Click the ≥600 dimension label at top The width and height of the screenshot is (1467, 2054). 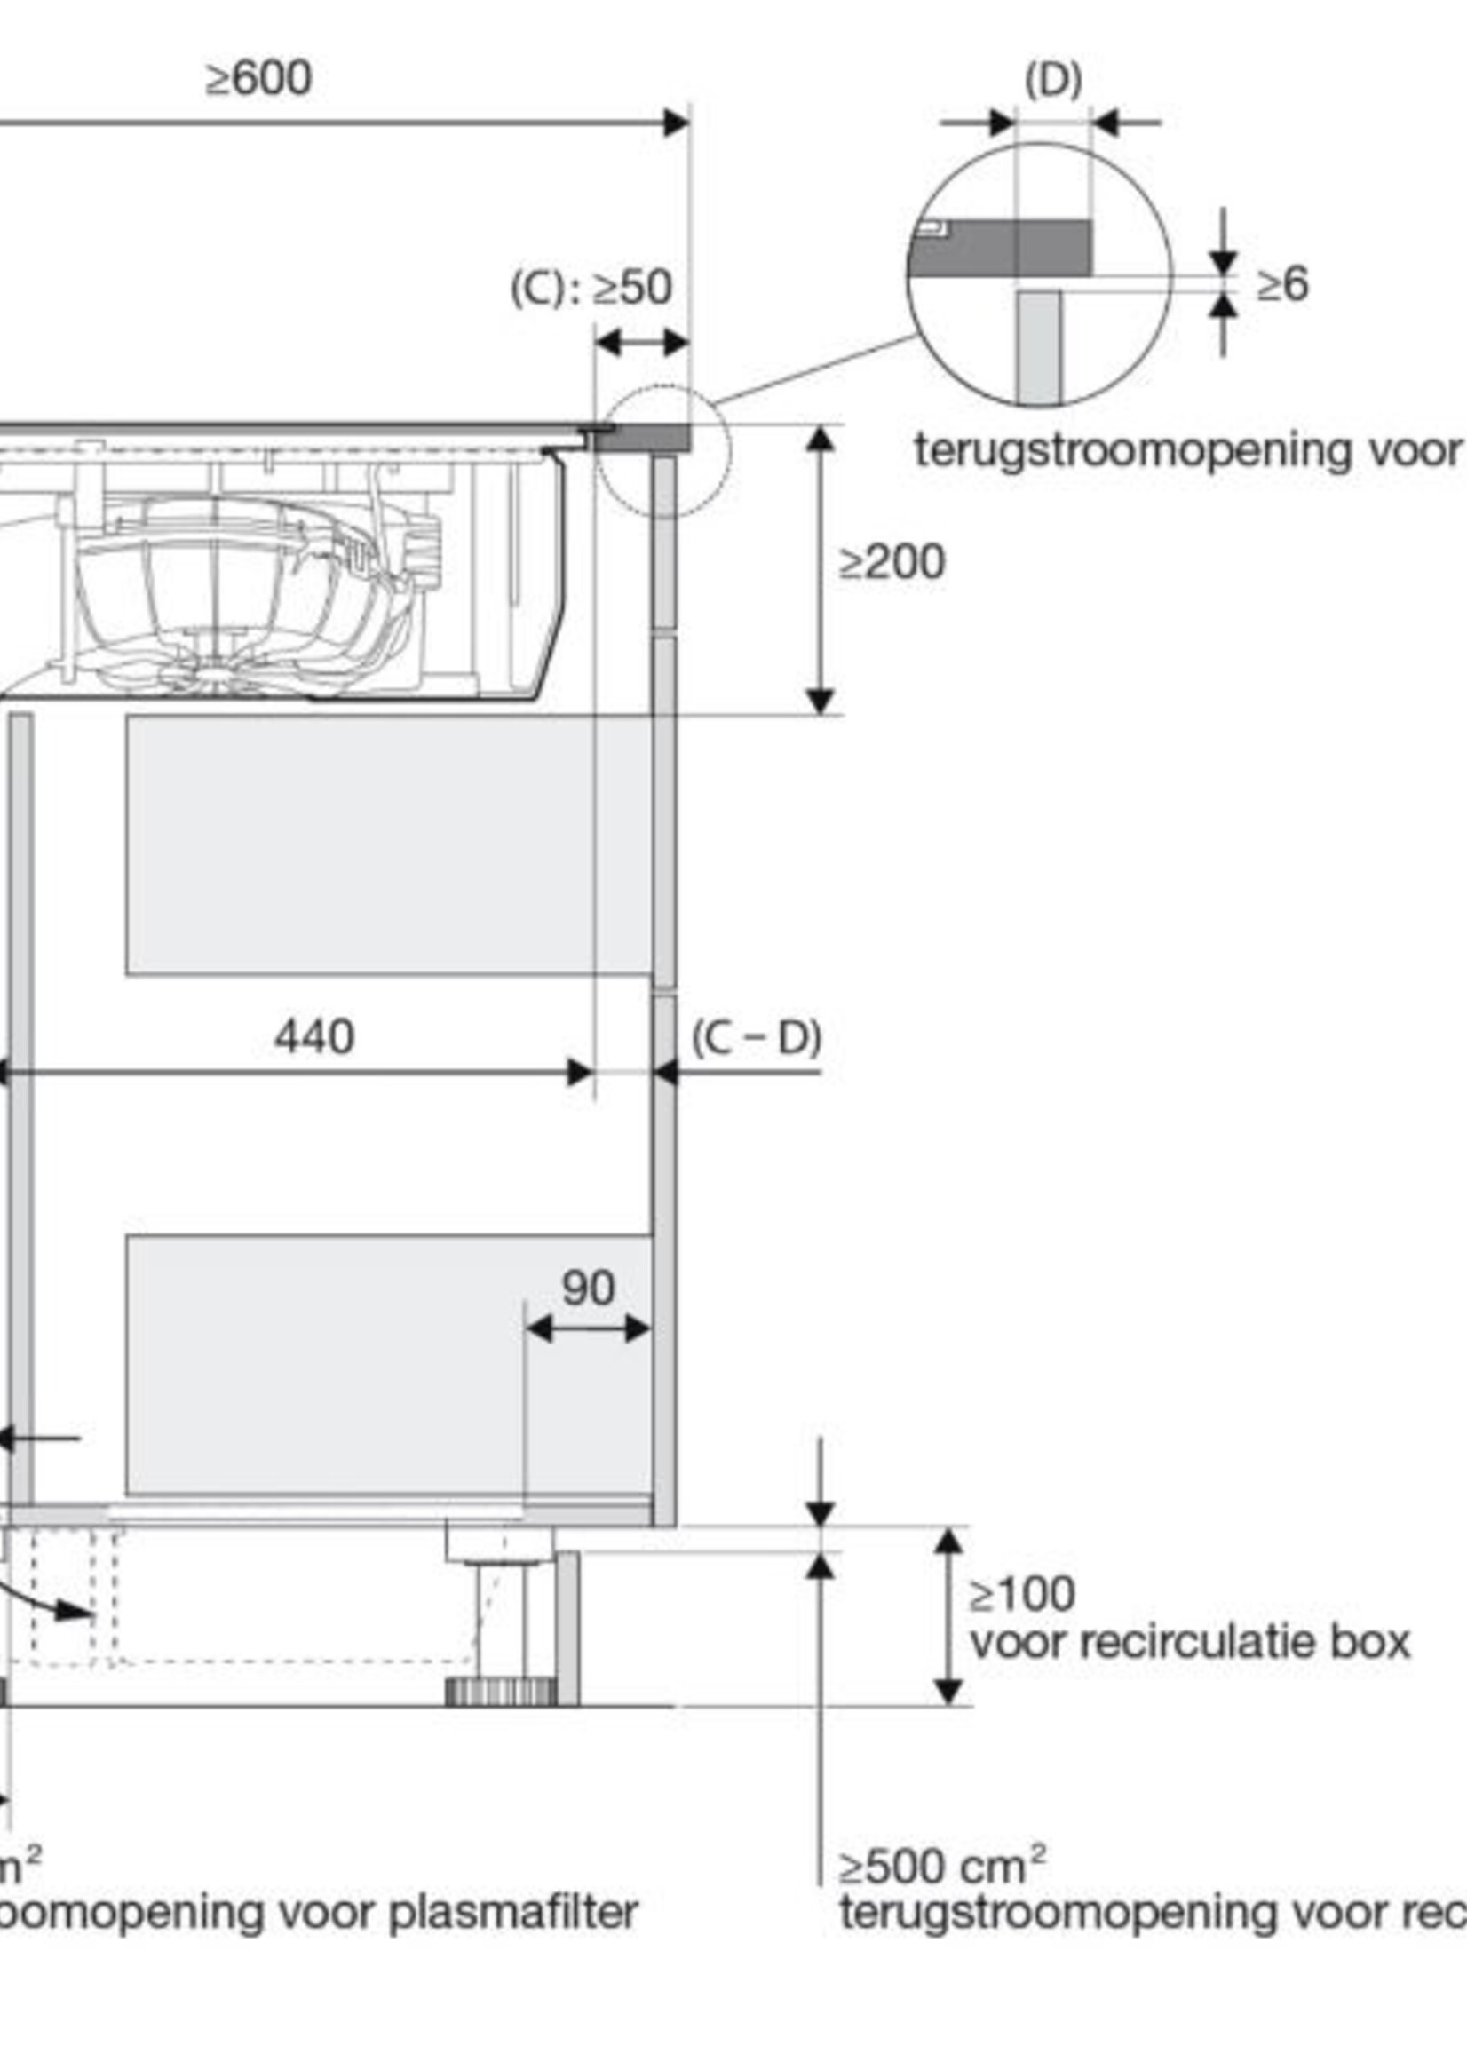259,78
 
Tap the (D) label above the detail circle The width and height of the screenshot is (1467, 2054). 1052,82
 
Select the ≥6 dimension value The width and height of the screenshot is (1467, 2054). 1281,285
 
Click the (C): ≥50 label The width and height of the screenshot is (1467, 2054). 591,289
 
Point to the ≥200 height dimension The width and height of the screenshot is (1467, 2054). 892,562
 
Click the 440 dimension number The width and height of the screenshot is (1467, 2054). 313,1036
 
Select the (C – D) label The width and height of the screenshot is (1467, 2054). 757,1038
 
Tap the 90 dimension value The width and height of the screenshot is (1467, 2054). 588,1288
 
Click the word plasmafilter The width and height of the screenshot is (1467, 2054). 513,1912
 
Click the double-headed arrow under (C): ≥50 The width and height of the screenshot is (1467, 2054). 641,344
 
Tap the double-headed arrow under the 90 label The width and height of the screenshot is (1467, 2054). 587,1328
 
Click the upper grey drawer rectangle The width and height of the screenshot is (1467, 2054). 388,845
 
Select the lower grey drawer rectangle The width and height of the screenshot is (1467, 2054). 388,1364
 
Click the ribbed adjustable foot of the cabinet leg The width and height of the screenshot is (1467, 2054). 501,1692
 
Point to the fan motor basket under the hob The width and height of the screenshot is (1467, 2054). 234,596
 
